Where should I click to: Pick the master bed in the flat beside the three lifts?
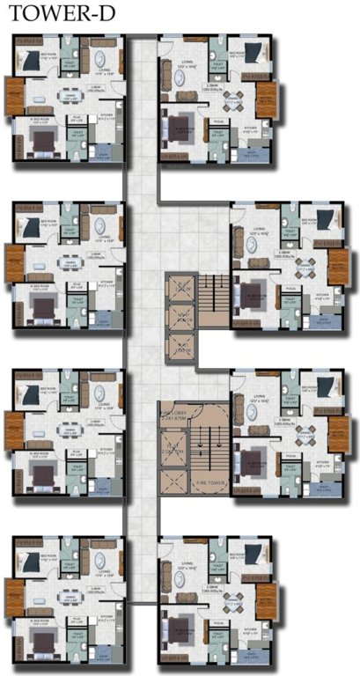(252, 289)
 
